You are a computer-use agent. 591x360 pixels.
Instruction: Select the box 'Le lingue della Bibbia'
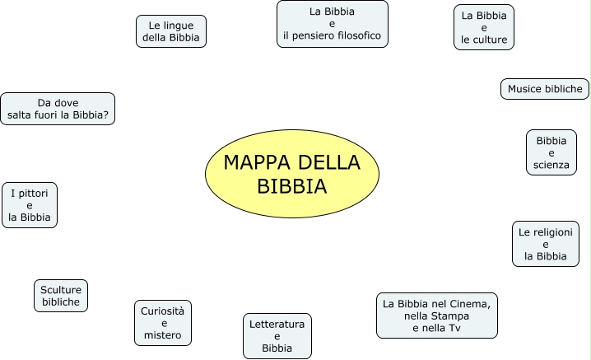coord(171,31)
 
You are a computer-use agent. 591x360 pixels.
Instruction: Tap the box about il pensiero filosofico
coord(332,25)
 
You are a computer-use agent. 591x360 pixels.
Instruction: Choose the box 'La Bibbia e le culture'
coord(484,27)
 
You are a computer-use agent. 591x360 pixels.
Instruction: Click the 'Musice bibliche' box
coord(544,89)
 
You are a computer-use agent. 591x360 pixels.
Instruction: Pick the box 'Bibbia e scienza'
coord(551,152)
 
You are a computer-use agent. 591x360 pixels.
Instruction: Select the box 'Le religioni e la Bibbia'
coord(545,244)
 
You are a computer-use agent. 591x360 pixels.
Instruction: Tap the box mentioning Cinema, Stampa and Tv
coord(437,316)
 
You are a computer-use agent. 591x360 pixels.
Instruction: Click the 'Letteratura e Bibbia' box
coord(277,336)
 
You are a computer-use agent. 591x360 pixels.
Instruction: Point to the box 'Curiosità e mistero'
coord(163,323)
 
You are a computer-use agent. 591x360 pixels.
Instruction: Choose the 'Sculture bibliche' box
coord(61,296)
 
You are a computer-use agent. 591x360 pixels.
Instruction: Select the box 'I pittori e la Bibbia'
coord(30,205)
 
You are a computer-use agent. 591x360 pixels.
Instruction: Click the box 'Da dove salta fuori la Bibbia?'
coord(58,109)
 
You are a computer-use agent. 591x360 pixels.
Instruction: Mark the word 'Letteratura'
coord(277,324)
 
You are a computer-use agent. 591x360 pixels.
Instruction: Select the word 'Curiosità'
coord(163,311)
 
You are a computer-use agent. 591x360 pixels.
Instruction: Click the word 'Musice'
coord(525,89)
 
